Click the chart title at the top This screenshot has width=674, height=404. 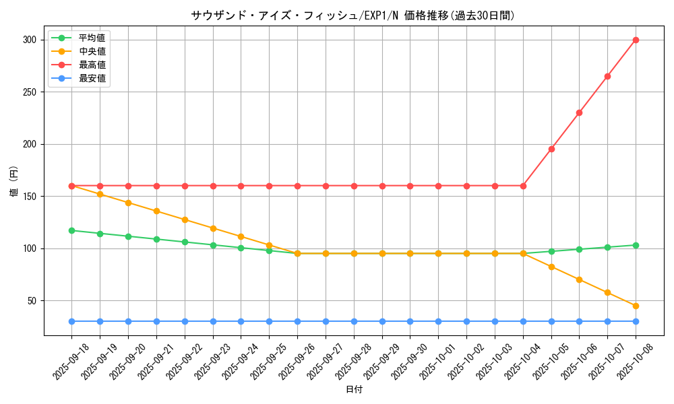tap(353, 15)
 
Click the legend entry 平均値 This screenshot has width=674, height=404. tap(92, 38)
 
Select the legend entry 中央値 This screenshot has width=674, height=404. tap(92, 51)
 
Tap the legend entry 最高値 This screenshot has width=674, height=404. tap(92, 65)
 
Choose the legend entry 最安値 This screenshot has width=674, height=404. tap(92, 78)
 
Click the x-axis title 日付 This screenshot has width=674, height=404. tap(354, 390)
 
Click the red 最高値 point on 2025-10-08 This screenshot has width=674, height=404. tap(636, 40)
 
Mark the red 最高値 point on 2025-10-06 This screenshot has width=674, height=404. tap(579, 112)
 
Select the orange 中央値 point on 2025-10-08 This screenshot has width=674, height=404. tap(636, 306)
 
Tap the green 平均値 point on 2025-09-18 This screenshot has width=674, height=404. tap(71, 230)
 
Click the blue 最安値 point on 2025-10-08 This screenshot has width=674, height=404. tap(636, 321)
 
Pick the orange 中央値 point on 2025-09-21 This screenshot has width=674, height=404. tap(156, 211)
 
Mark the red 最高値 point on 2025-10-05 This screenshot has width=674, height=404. tap(551, 149)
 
